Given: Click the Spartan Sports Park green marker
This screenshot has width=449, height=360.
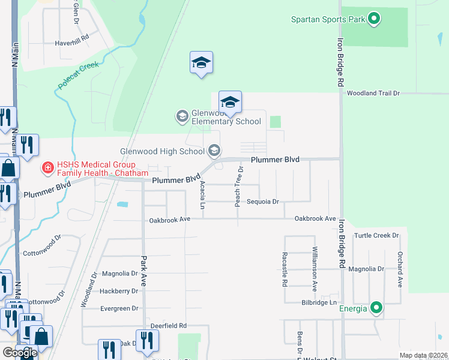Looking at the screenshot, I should click(x=374, y=19).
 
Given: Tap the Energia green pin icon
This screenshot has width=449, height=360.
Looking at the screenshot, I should click(x=376, y=308).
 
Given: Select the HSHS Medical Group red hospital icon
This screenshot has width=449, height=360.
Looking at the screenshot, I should click(x=47, y=169).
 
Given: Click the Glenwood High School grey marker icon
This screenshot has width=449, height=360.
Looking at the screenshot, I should click(x=214, y=151).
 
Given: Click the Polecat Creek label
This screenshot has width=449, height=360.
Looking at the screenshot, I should click(x=78, y=75).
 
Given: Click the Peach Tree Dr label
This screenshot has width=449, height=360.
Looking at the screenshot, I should click(x=238, y=187).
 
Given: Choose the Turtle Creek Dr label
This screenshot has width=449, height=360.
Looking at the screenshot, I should click(x=377, y=236).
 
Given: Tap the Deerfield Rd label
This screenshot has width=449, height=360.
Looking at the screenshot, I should click(x=169, y=326).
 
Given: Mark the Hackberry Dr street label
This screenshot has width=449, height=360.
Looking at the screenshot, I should click(x=119, y=291).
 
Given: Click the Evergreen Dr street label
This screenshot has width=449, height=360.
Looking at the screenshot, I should click(x=119, y=308).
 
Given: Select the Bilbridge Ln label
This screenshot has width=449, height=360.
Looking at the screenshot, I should click(x=319, y=303).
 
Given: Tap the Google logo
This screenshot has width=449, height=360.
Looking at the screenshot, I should click(x=20, y=353).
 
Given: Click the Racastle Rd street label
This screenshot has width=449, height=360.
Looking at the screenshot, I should click(x=285, y=269).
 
